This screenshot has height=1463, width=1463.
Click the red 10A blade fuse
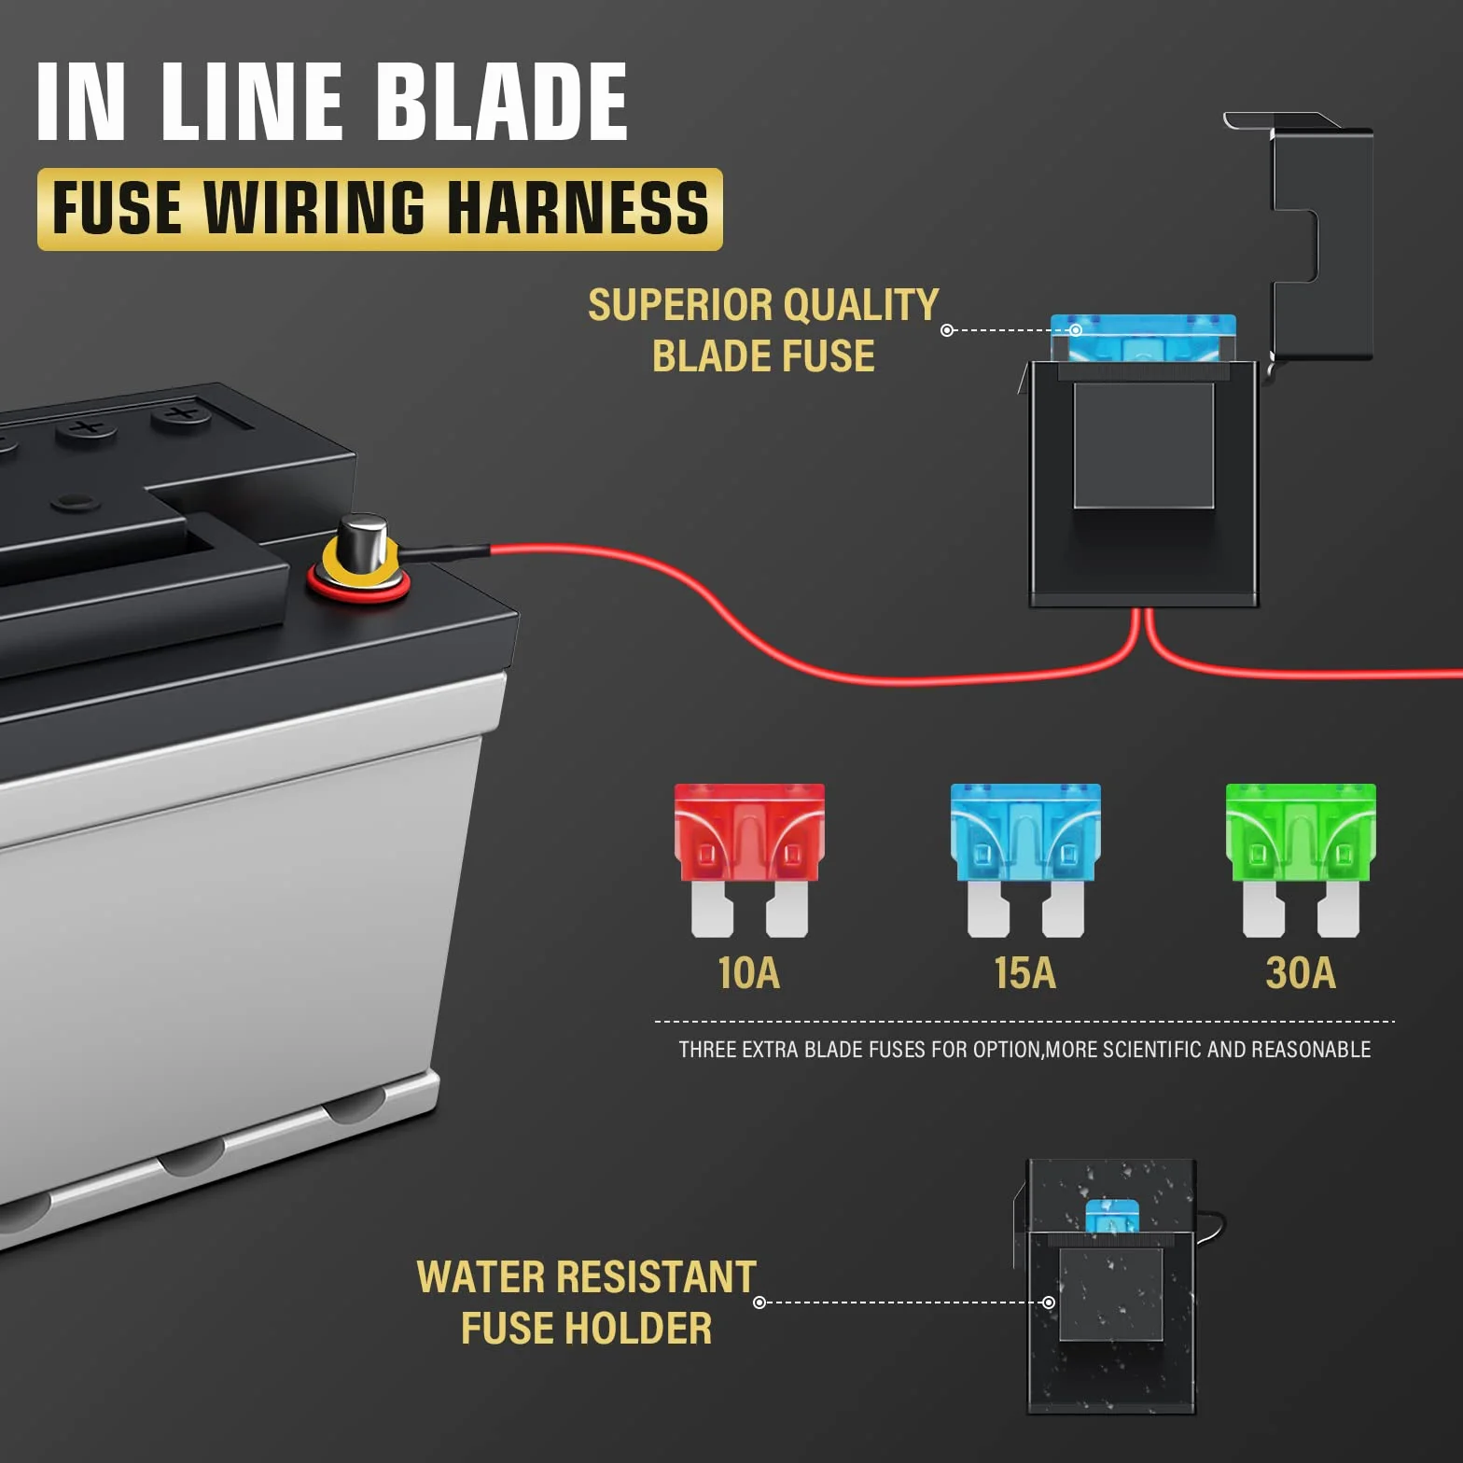click(x=749, y=858)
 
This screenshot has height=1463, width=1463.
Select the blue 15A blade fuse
click(x=1025, y=858)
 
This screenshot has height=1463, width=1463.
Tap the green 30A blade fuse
click(x=1301, y=858)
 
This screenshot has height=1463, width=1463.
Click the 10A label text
click(x=749, y=973)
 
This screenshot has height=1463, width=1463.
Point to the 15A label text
click(x=1025, y=973)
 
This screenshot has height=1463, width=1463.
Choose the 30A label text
click(x=1301, y=973)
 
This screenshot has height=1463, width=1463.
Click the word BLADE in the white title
click(x=503, y=102)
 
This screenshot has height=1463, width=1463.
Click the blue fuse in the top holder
click(x=1143, y=338)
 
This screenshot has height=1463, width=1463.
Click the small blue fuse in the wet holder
click(x=1112, y=1216)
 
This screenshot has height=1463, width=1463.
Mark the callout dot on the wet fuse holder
click(x=1049, y=1303)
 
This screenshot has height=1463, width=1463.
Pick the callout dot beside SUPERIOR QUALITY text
click(x=947, y=330)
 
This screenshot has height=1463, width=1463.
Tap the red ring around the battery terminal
click(x=359, y=589)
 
